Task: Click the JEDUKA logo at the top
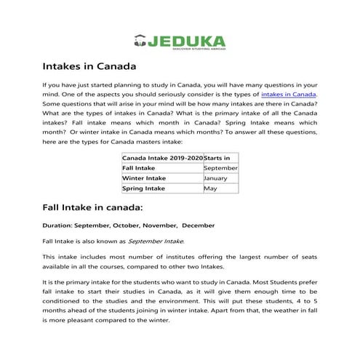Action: (x=180, y=41)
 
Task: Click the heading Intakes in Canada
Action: (x=89, y=67)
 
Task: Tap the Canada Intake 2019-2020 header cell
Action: (x=162, y=157)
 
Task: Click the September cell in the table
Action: (x=221, y=167)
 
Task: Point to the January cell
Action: (x=216, y=177)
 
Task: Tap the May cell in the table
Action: (x=210, y=188)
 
